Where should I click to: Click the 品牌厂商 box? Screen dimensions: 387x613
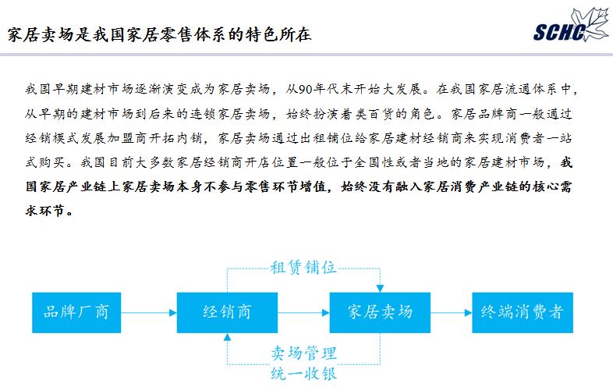coord(76,313)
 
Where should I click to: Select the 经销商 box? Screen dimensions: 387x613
coord(227,313)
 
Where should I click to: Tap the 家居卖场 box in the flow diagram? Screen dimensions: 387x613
coord(380,313)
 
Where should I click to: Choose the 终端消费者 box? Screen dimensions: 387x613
coord(523,313)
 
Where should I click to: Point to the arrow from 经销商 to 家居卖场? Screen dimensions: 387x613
coord(303,313)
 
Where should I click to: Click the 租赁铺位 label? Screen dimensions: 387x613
coord(303,268)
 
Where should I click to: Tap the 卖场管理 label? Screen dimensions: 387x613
coord(303,353)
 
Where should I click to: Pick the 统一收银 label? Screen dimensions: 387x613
coord(303,374)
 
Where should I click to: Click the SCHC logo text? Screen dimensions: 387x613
coord(559,32)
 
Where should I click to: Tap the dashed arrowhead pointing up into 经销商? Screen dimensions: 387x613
coord(227,337)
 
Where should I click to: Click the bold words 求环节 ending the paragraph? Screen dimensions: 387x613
coord(48,211)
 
